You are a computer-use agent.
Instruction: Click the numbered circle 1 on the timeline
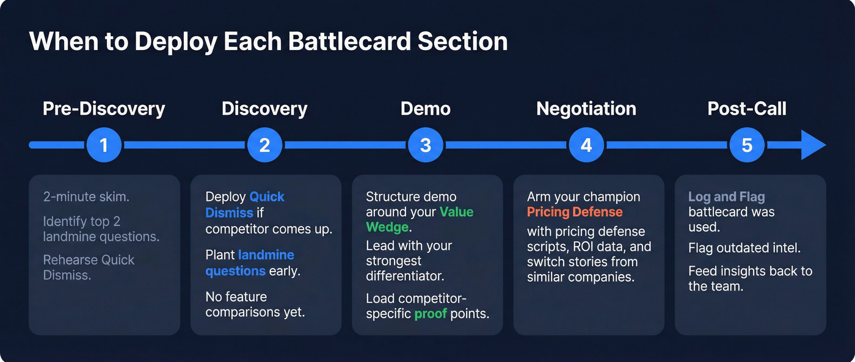(104, 145)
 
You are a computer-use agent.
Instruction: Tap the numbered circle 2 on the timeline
(264, 145)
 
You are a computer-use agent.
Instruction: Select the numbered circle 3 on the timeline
(426, 145)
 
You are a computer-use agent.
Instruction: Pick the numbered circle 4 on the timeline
(586, 145)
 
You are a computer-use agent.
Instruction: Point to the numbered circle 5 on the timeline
(747, 145)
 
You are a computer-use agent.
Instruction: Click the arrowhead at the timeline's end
(812, 145)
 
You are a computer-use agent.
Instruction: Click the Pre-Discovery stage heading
(104, 109)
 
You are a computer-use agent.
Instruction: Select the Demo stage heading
(426, 109)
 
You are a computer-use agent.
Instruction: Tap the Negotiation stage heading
(586, 109)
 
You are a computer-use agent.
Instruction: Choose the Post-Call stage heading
(747, 109)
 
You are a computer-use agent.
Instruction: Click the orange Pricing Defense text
(575, 212)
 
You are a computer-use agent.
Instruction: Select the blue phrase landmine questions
(250, 262)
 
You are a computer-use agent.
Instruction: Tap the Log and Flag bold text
(726, 197)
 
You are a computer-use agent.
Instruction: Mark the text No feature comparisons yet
(255, 304)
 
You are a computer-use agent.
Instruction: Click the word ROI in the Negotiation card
(584, 247)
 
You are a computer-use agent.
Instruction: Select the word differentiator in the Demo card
(405, 275)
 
